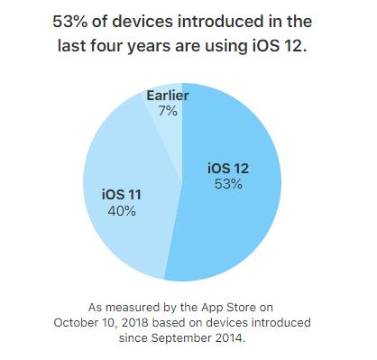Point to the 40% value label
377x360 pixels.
point(121,211)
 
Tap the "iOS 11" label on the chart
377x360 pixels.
point(121,194)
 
